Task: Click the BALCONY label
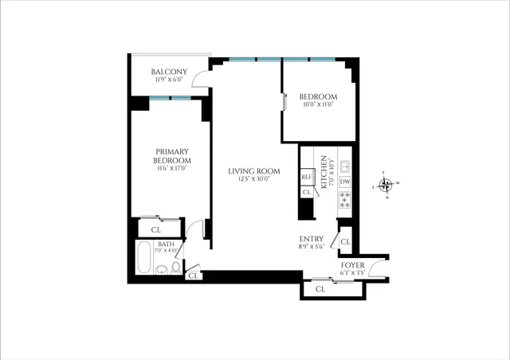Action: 168,72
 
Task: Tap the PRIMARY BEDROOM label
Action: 173,156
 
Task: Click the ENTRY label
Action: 311,238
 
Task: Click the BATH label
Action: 166,245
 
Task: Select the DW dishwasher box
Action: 345,182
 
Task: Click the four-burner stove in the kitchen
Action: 345,201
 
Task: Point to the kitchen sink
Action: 345,166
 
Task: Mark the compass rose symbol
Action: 386,186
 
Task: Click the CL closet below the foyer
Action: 320,289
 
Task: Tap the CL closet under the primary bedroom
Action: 155,229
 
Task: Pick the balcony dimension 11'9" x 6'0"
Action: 168,80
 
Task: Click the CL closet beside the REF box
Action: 307,192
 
